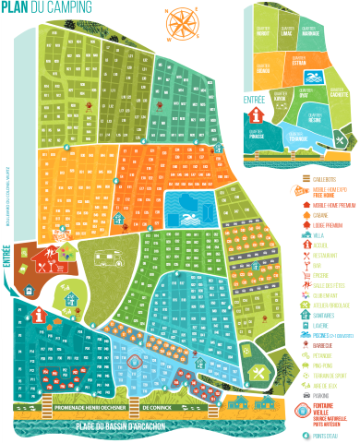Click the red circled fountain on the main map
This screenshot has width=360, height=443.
pyautogui.click(x=138, y=361)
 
